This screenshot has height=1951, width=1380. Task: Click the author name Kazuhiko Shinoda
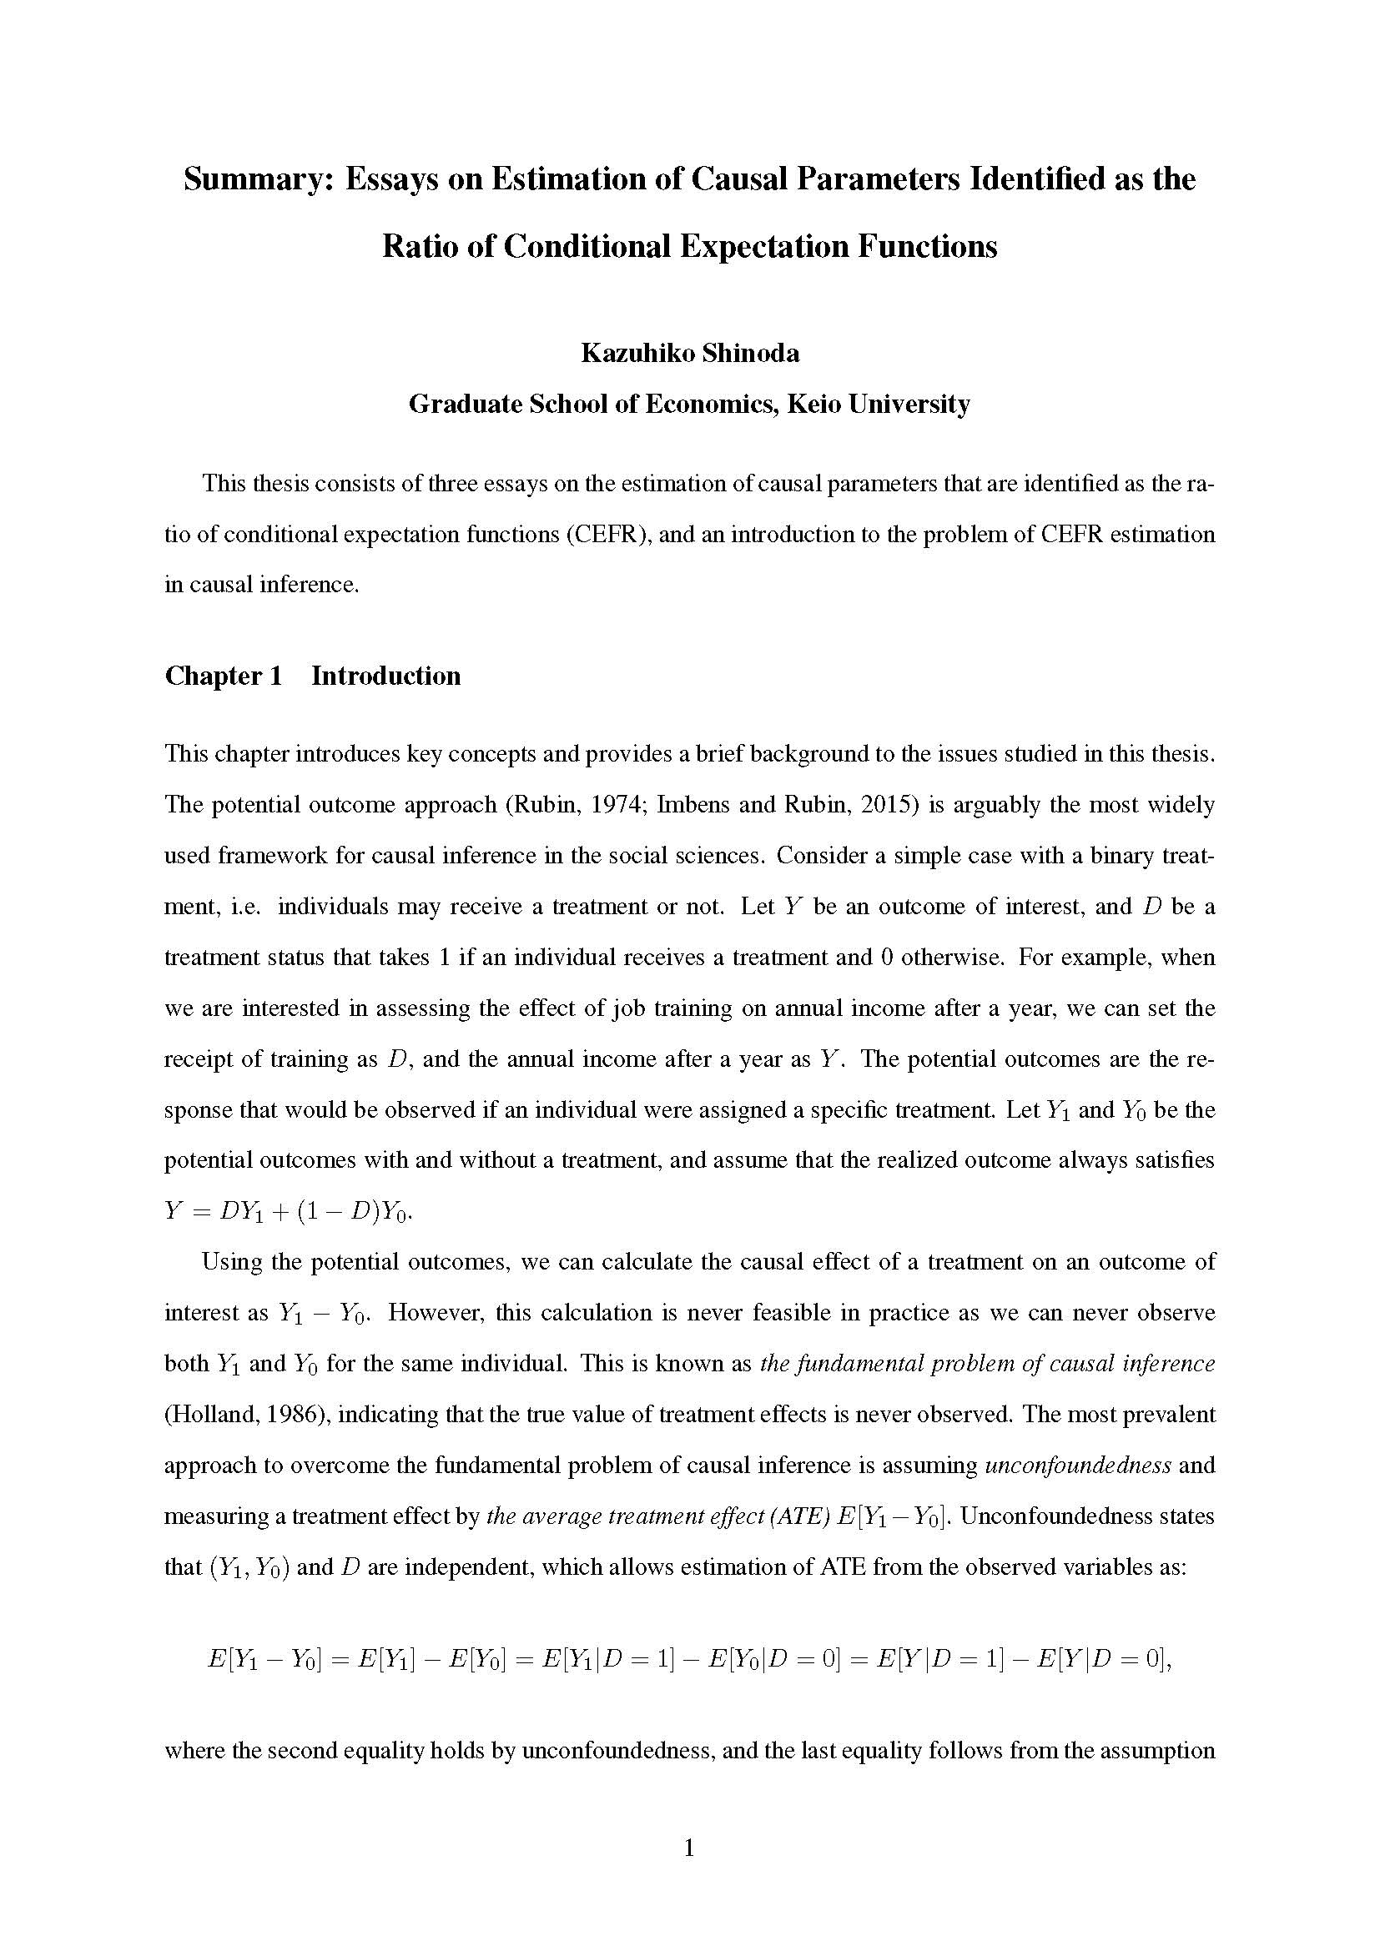pos(689,353)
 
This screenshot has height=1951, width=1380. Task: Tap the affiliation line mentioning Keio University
pos(689,404)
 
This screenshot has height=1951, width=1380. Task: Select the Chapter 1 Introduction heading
pos(313,676)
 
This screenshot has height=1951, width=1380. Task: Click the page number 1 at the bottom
pos(689,1848)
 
